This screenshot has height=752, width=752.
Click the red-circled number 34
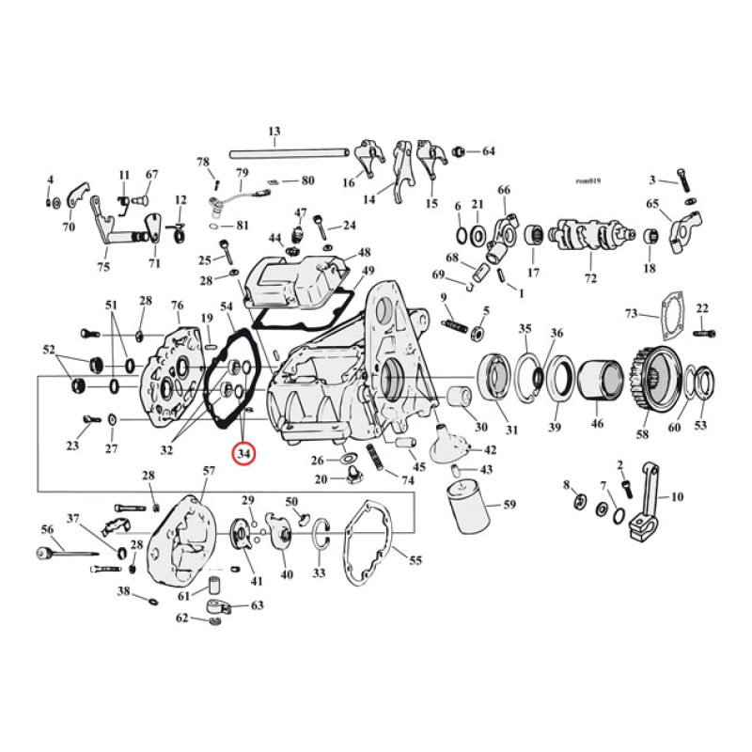244,454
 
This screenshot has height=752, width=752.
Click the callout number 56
46,530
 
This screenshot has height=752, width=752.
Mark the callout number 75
102,265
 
